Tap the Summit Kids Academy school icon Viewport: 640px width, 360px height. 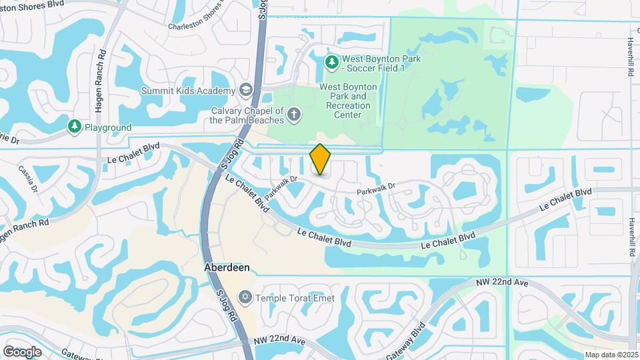246,91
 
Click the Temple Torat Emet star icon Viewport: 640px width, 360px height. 245,297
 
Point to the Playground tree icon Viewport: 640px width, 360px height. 74,127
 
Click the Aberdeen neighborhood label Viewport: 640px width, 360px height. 227,267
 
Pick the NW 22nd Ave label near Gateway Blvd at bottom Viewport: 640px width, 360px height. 279,341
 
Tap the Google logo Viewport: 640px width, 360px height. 22,351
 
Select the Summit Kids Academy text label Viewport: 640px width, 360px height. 188,91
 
